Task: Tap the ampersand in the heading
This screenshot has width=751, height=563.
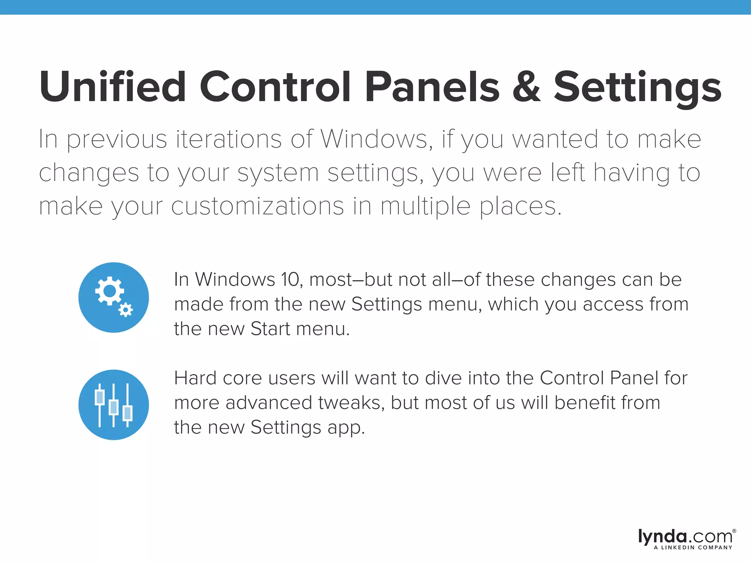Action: (527, 87)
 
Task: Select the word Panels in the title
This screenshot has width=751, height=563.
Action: (432, 87)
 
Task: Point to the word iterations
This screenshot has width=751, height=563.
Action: (229, 139)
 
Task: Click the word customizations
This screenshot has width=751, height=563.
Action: (257, 206)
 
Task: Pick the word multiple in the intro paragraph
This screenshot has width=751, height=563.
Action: (425, 207)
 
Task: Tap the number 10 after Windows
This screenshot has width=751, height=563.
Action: (291, 280)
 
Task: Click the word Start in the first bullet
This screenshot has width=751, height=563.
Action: (270, 329)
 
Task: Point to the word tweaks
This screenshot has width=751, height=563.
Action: (351, 402)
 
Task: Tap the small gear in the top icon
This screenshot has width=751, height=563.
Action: (125, 310)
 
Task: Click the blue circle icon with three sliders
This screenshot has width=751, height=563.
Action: (114, 405)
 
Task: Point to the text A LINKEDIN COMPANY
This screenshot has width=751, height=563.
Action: (693, 548)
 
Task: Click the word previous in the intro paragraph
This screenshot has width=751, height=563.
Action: (117, 140)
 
